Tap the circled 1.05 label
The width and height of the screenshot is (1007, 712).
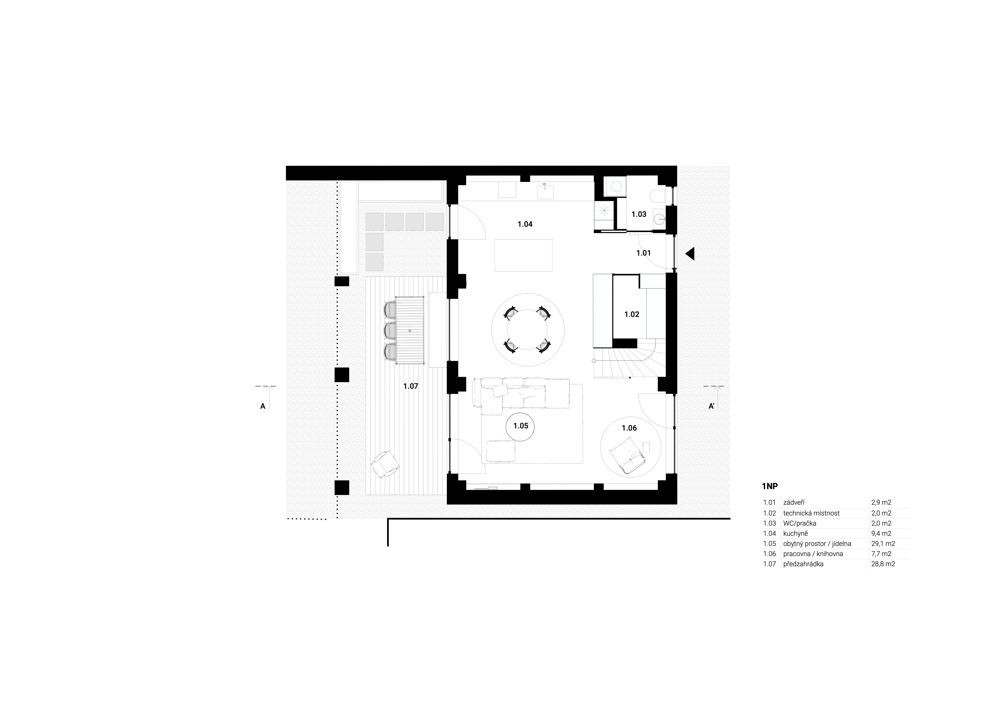(x=521, y=426)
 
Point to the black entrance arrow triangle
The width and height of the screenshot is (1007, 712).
(x=690, y=254)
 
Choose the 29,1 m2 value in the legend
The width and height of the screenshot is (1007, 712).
(x=883, y=543)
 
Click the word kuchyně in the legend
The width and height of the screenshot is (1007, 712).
(x=795, y=534)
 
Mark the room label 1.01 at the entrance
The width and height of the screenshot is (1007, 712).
(x=643, y=253)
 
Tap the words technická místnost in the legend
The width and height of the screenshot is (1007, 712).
(x=811, y=513)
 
